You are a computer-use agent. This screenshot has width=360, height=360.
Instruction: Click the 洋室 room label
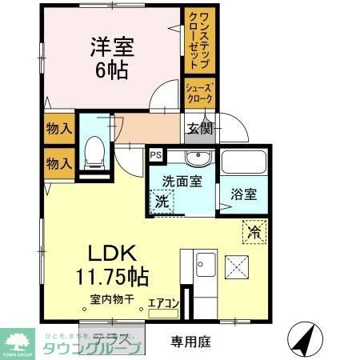pos(112,46)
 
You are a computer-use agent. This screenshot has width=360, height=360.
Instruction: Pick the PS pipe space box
pos(155,155)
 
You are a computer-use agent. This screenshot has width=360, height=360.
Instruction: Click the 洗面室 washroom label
pos(182,180)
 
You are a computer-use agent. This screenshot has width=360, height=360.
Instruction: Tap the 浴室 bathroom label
pos(243,193)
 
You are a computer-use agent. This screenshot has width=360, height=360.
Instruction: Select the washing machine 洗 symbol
pos(162,201)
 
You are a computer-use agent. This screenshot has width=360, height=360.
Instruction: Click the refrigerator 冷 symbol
pos(253,233)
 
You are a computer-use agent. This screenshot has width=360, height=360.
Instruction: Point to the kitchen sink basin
pos(204,262)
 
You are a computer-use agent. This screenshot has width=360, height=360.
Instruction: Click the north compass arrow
pos(303,338)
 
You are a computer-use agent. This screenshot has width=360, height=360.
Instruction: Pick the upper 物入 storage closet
pos(58,128)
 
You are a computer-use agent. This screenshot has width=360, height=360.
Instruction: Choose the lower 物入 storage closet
pos(58,163)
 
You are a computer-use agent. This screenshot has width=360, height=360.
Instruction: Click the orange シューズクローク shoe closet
pos(198,94)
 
